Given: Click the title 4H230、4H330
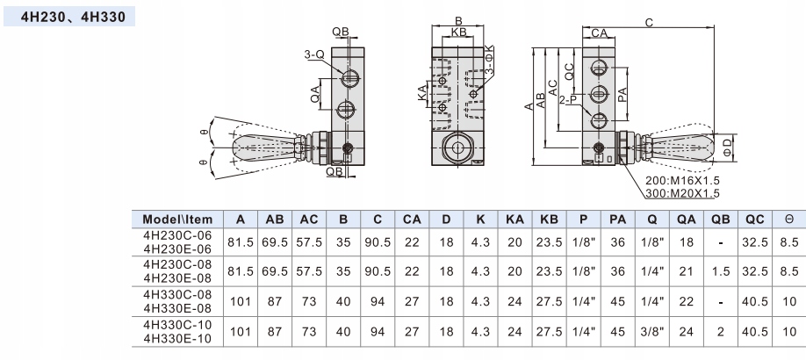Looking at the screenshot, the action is [x=73, y=17].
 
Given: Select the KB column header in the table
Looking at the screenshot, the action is [x=549, y=220].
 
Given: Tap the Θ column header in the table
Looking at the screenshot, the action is [x=789, y=220].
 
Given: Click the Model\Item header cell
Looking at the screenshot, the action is [x=177, y=220].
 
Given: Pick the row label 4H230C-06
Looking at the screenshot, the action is [x=177, y=235].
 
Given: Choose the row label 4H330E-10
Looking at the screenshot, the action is [x=177, y=339].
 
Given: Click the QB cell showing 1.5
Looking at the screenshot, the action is [x=721, y=271].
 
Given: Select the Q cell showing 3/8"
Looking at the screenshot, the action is [x=651, y=332].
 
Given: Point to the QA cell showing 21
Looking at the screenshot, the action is [x=687, y=271].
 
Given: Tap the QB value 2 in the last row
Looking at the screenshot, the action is [x=721, y=332].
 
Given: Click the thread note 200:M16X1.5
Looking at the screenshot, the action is [x=682, y=181].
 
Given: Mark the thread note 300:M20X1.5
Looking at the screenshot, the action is [x=682, y=193].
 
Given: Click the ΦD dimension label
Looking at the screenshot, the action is [x=726, y=148].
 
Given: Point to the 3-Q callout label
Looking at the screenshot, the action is [x=314, y=54].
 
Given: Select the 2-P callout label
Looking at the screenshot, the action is [x=569, y=100].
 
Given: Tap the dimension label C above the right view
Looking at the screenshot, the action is [x=649, y=23].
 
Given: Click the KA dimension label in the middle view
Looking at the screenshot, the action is [x=422, y=93].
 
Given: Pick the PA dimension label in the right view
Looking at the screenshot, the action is [x=622, y=94].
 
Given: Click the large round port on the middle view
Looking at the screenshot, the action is [x=457, y=148].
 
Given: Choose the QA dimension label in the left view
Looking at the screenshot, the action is [x=315, y=94].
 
